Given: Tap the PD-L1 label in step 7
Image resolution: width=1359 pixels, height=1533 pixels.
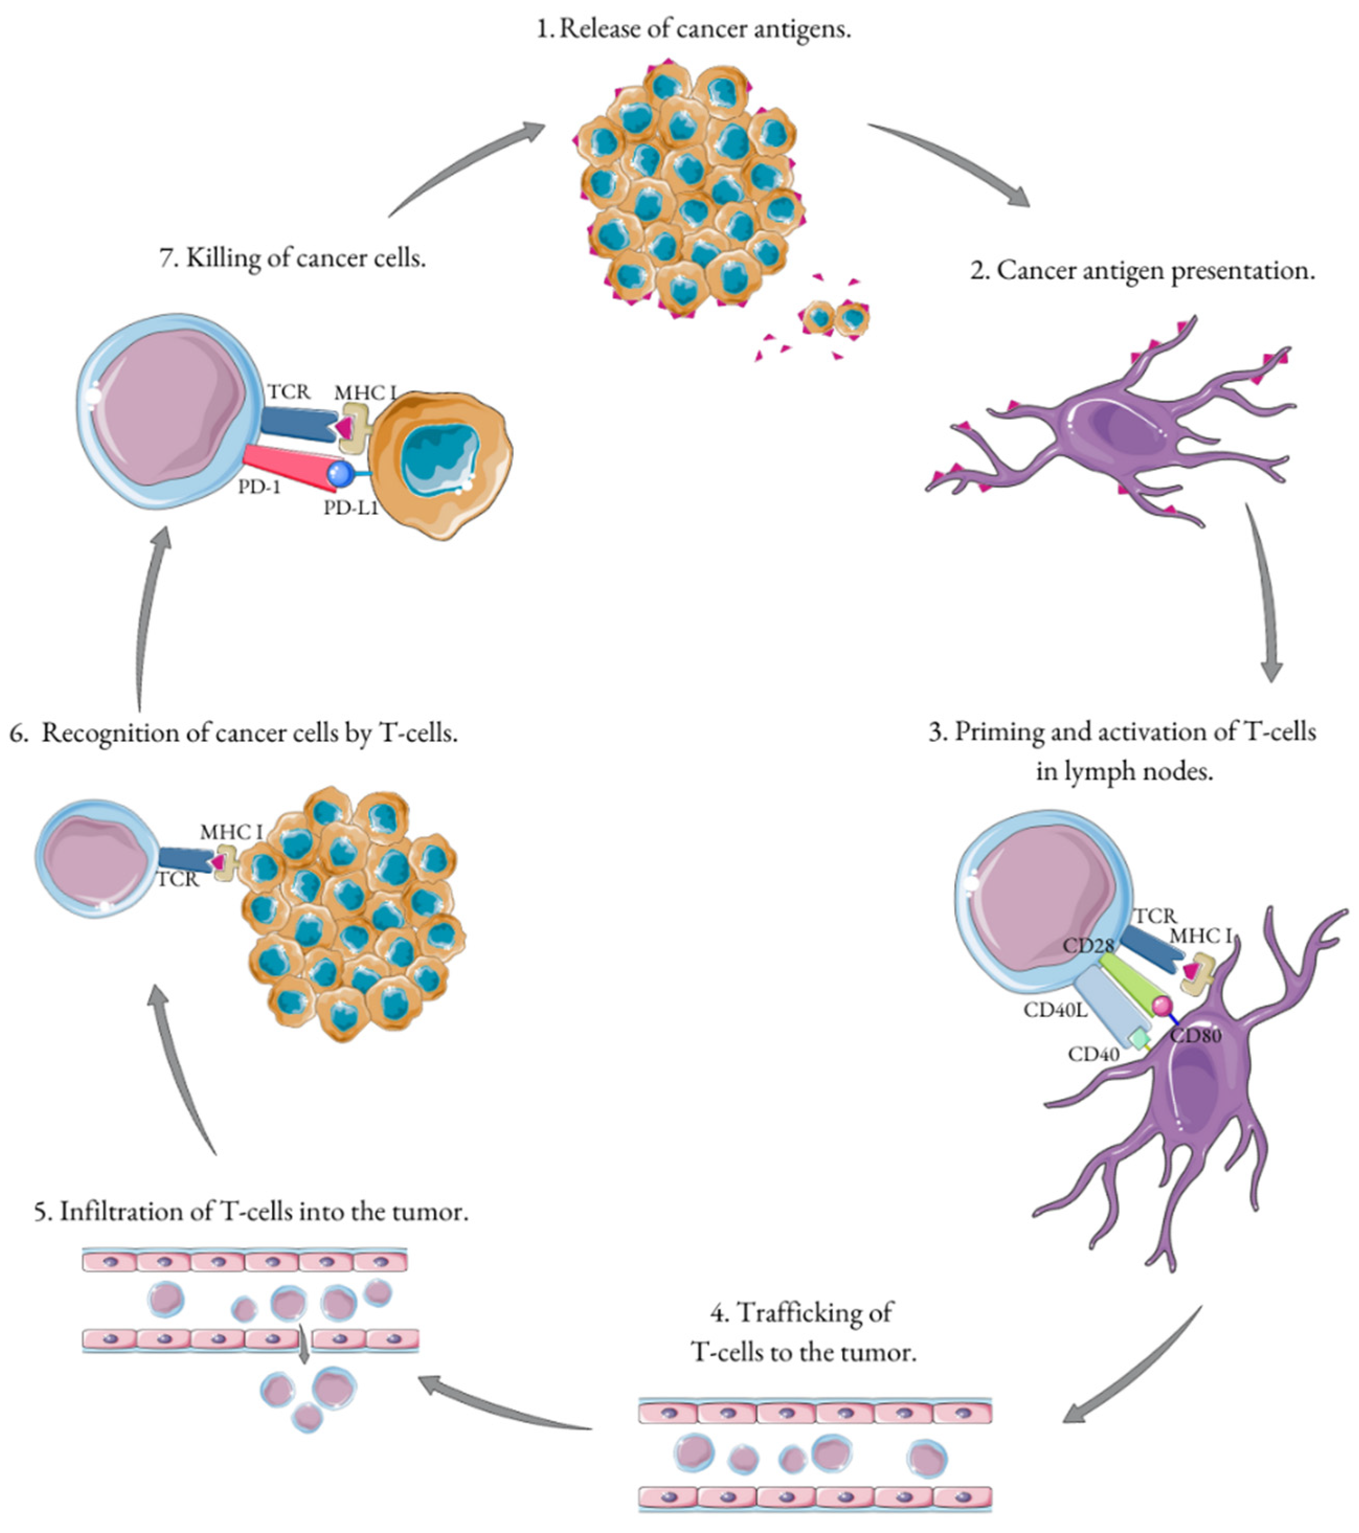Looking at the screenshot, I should (x=350, y=508).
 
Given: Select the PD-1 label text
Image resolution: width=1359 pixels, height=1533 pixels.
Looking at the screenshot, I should (x=259, y=487).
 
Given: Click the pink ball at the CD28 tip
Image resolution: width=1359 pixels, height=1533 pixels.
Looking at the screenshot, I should (x=1162, y=1004).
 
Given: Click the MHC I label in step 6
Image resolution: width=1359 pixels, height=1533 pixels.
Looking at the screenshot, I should (x=231, y=832).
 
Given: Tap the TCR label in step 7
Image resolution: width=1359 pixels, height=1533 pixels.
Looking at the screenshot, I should (x=288, y=391).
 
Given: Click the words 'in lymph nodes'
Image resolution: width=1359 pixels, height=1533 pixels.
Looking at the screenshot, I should (x=1124, y=771).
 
